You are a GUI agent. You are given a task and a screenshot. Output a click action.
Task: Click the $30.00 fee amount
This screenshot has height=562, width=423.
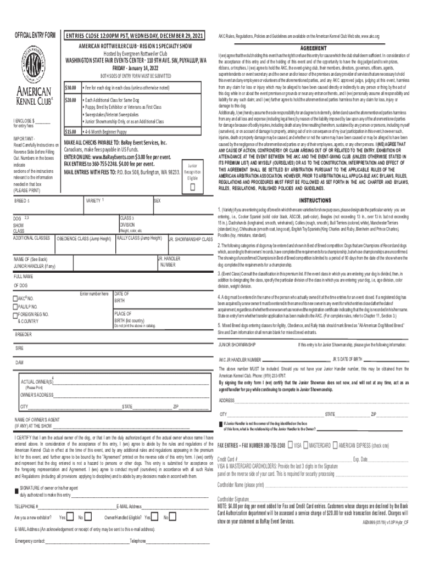70,88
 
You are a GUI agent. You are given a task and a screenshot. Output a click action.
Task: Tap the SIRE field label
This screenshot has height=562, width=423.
19,348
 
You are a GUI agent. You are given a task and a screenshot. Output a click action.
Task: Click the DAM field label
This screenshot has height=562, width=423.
19,363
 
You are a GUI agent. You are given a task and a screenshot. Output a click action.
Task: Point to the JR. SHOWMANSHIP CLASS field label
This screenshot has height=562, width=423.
190,239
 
